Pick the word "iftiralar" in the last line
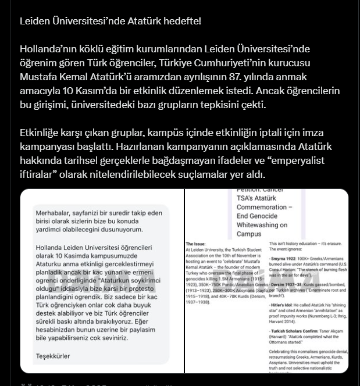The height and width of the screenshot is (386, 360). point(38,175)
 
